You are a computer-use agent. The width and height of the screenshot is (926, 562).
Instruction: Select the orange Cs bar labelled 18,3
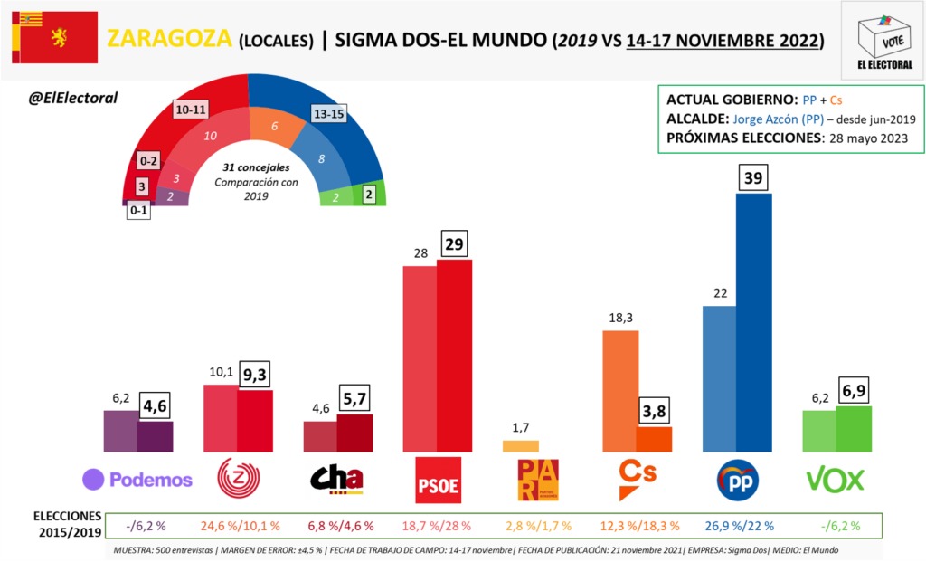point(620,390)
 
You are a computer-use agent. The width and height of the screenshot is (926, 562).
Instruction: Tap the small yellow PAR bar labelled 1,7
point(520,445)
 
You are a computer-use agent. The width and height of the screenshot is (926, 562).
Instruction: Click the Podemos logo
point(137,479)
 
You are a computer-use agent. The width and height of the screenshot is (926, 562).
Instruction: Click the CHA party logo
point(336,479)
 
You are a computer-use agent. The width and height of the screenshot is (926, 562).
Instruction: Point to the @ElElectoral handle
point(73,98)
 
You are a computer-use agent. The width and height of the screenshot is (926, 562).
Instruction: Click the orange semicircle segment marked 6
point(274,127)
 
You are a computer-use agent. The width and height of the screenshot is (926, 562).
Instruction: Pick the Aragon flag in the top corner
point(55,37)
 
